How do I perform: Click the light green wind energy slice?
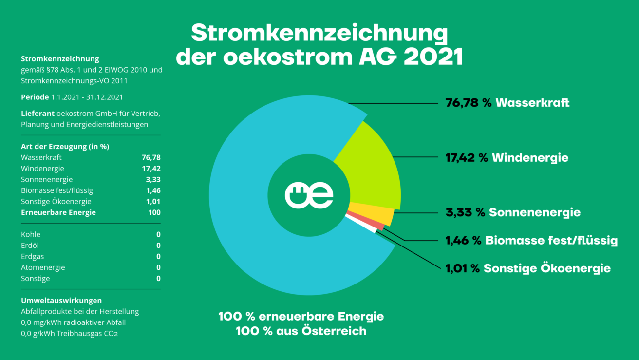pyautogui.click(x=373, y=168)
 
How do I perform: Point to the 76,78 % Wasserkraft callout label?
pyautogui.click(x=507, y=103)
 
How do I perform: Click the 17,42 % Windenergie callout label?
pyautogui.click(x=507, y=158)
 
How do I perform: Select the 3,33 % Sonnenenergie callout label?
pyautogui.click(x=513, y=212)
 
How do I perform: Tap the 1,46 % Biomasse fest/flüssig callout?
pyautogui.click(x=531, y=240)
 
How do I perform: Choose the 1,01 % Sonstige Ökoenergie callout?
pyautogui.click(x=528, y=268)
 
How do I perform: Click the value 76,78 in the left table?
pyautogui.click(x=151, y=157)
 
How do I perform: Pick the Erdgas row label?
pyautogui.click(x=32, y=256)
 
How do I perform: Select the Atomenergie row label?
pyautogui.click(x=43, y=267)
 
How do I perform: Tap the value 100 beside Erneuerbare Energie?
pyautogui.click(x=154, y=212)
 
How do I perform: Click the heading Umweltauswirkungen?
pyautogui.click(x=61, y=301)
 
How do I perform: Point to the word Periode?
pyautogui.click(x=35, y=97)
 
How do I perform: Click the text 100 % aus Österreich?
pyautogui.click(x=301, y=331)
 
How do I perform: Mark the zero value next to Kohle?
pyautogui.click(x=158, y=234)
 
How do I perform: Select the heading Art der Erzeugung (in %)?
pyautogui.click(x=65, y=146)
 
